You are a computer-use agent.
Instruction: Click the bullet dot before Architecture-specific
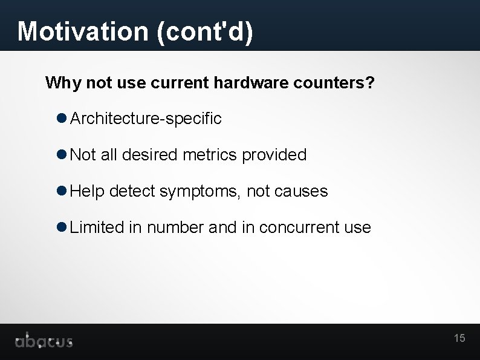coord(61,118)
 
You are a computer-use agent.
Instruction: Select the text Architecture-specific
coord(146,119)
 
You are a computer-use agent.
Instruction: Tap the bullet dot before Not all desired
coord(61,154)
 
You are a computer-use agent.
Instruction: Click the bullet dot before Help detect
coord(61,191)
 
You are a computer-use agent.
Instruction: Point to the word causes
coord(300,192)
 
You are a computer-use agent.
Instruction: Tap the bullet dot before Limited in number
coord(61,227)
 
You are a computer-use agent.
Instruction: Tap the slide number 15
coord(459,338)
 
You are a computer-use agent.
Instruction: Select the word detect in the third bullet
coord(132,191)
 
